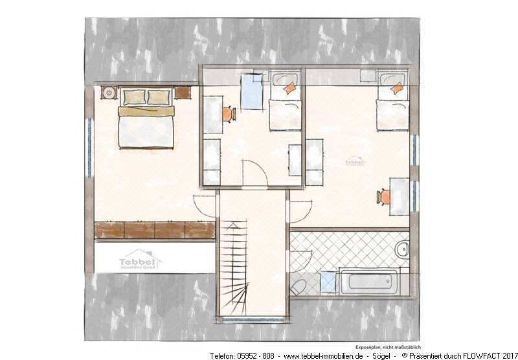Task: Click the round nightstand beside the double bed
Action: pyautogui.click(x=108, y=92)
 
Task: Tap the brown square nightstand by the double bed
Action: pyautogui.click(x=183, y=93)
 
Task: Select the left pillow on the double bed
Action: pyautogui.click(x=134, y=97)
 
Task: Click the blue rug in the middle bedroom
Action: pyautogui.click(x=251, y=92)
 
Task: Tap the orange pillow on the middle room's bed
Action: pyautogui.click(x=291, y=89)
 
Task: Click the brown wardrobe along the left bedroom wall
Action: pyautogui.click(x=155, y=229)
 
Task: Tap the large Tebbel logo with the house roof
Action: pyautogui.click(x=140, y=259)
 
